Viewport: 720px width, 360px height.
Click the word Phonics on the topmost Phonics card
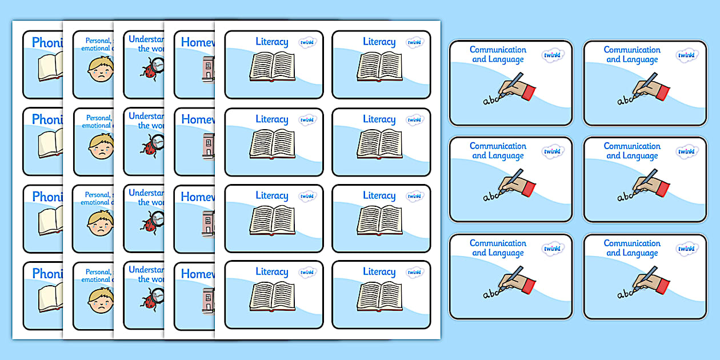[x=47, y=42]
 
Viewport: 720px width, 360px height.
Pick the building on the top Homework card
[x=207, y=70]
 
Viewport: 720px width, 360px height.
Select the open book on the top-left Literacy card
[x=272, y=67]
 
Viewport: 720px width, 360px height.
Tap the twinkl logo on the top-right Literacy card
[x=415, y=42]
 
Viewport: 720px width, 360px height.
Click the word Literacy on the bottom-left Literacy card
[x=272, y=272]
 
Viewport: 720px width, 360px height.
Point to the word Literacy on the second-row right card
[x=379, y=119]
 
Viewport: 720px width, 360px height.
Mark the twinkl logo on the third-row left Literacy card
[x=307, y=196]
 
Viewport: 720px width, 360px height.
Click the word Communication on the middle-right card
[x=632, y=146]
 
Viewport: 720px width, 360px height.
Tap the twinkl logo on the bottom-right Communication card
[x=687, y=248]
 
